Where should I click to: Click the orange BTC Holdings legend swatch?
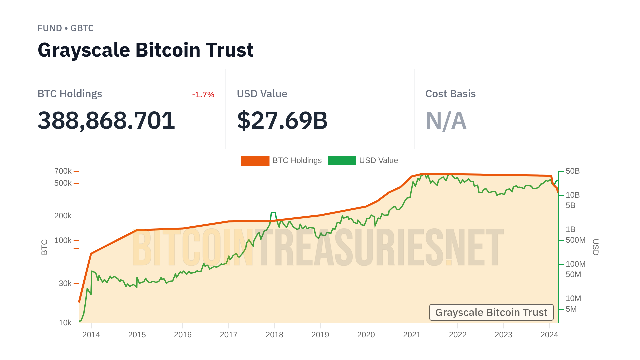pos(255,160)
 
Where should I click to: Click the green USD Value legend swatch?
pos(342,160)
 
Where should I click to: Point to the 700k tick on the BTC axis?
pos(63,171)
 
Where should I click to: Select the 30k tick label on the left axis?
pos(65,283)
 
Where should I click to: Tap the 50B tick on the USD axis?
pos(572,171)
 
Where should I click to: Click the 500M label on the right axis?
pos(575,240)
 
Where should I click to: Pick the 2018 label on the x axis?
pos(274,335)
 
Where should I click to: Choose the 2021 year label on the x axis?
pos(412,335)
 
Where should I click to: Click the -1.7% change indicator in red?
pos(203,95)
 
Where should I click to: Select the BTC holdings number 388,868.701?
pos(106,120)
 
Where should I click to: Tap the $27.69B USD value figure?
pos(282,120)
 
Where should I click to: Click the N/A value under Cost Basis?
pos(446,120)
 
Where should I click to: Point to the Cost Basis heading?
pos(450,94)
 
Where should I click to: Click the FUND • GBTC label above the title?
pos(66,28)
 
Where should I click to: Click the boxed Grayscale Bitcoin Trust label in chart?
pos(491,312)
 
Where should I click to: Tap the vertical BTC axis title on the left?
pos(44,247)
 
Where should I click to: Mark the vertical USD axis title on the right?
pos(595,247)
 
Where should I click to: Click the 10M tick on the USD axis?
pos(573,298)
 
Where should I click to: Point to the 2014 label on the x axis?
pos(91,335)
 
